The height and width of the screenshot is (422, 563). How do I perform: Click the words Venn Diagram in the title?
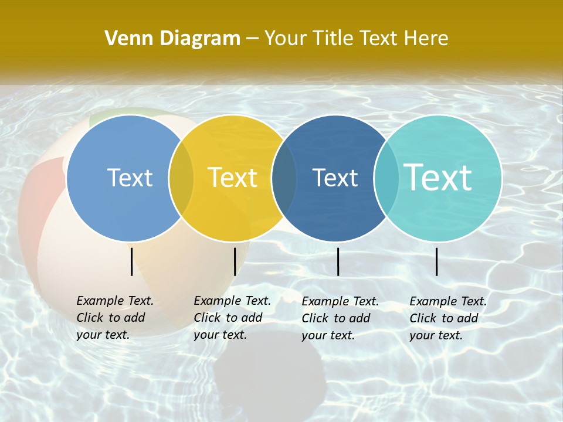[172, 39]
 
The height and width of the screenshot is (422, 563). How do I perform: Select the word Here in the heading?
[426, 39]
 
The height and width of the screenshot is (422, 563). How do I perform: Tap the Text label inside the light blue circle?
[130, 178]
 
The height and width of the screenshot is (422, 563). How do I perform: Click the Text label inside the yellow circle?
[233, 178]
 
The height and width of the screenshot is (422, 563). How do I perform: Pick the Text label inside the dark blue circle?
[335, 178]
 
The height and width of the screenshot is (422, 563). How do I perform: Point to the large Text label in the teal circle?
[438, 177]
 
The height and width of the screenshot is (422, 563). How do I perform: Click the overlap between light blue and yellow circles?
[181, 178]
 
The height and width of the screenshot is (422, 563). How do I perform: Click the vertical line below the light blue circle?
[131, 261]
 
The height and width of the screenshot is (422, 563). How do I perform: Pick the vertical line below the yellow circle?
[235, 261]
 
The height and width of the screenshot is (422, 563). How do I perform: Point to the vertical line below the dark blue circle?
[338, 261]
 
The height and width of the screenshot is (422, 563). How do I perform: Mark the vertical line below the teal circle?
[436, 261]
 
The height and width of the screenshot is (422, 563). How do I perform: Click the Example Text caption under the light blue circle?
[115, 318]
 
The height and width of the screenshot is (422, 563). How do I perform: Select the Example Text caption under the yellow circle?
[232, 318]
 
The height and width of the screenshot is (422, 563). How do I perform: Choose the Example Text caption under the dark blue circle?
[340, 318]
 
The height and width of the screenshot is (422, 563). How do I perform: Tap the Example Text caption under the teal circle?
[448, 318]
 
